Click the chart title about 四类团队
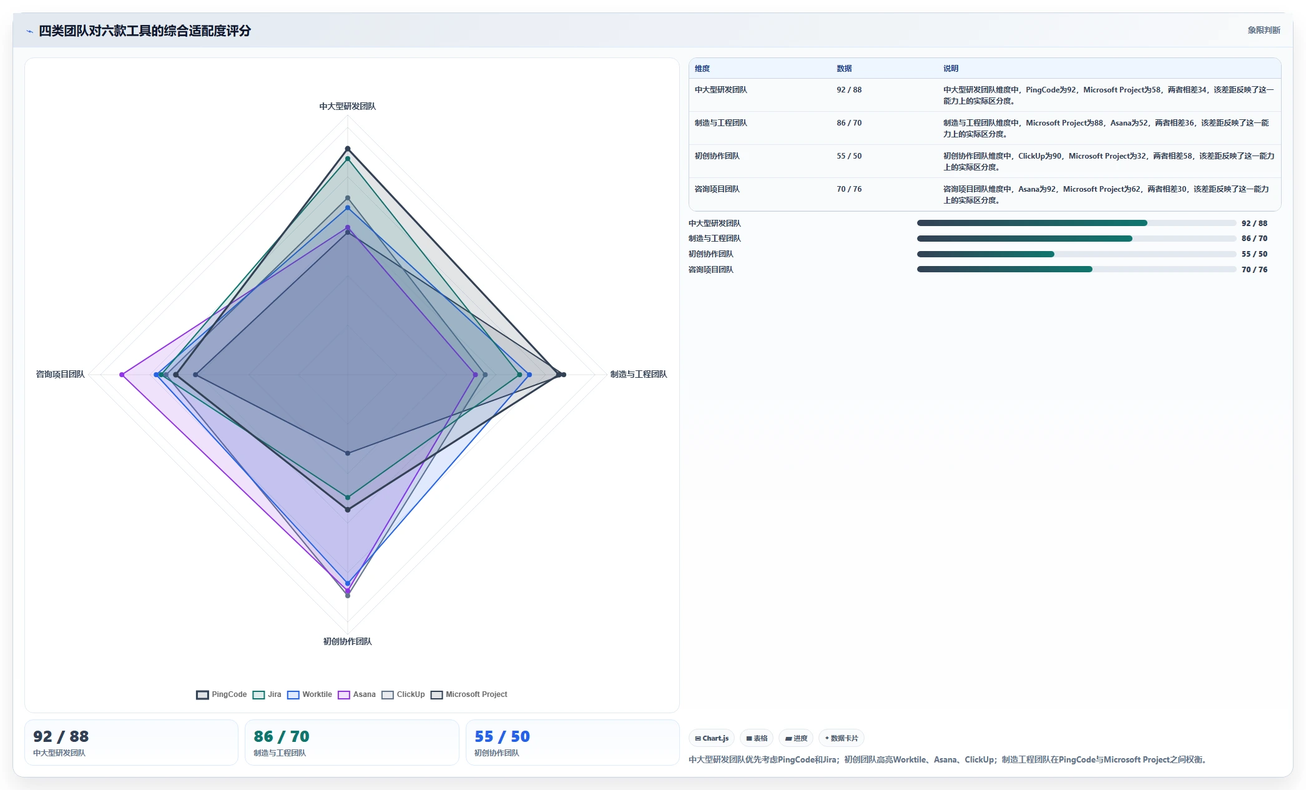145,31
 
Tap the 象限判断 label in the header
1264,30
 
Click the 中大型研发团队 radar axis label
348,106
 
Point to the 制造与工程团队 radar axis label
639,374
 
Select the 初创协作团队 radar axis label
348,641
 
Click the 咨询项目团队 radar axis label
60,374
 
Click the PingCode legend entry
222,694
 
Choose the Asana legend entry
357,694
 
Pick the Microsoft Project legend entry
469,694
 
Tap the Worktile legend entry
310,694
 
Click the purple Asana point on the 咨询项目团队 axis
122,375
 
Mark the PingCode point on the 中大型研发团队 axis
348,149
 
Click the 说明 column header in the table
951,69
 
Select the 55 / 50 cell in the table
849,156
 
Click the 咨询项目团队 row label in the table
717,189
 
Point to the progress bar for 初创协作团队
1076,254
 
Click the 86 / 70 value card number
282,737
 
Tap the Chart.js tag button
712,738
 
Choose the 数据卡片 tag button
842,738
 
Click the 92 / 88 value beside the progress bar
1254,224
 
